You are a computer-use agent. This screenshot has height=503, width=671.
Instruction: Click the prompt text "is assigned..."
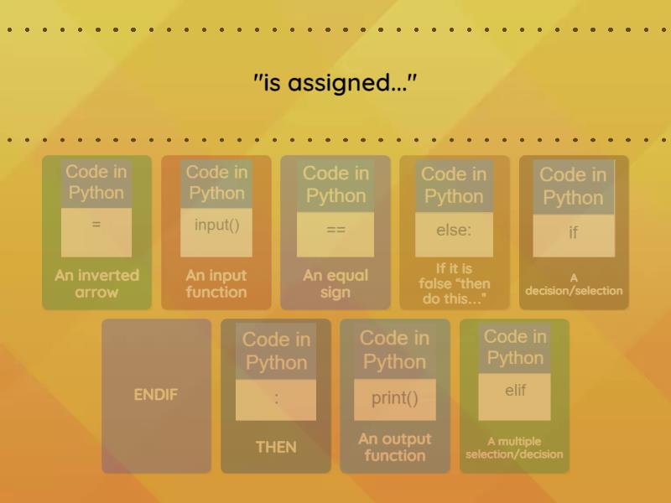[335, 82]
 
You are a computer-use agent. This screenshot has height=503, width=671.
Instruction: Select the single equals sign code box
[96, 232]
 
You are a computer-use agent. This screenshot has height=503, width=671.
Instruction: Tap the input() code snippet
[216, 232]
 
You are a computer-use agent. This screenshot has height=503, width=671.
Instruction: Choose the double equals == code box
[335, 234]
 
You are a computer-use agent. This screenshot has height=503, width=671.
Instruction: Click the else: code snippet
[454, 234]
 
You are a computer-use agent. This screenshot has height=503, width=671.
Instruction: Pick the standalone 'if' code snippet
[574, 235]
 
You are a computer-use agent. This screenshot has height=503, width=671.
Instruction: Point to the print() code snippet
[394, 399]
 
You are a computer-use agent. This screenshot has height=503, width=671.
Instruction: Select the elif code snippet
[514, 397]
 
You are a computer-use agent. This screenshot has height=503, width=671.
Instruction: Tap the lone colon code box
[276, 400]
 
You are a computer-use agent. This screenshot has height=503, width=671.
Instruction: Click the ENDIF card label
[156, 394]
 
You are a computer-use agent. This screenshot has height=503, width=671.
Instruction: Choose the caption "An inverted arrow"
[96, 283]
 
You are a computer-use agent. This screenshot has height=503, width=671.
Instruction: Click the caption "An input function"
[216, 283]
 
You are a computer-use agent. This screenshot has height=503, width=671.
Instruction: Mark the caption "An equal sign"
[335, 283]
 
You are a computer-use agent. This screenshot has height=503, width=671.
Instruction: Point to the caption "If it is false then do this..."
[454, 283]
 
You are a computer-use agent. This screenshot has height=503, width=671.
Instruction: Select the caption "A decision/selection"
[574, 285]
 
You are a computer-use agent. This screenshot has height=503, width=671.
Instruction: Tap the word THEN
[276, 447]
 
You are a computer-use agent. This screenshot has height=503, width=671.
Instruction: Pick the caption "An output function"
[394, 447]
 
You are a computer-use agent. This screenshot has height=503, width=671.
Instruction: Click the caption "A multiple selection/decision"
[514, 448]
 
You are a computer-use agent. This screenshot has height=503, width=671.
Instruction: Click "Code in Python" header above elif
[515, 347]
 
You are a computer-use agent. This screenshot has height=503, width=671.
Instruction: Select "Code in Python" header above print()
[394, 350]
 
